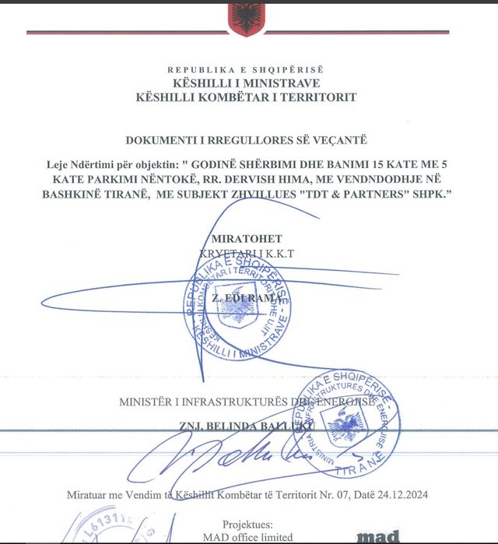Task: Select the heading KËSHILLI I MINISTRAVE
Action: (249, 83)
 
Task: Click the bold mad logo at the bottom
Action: (379, 537)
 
